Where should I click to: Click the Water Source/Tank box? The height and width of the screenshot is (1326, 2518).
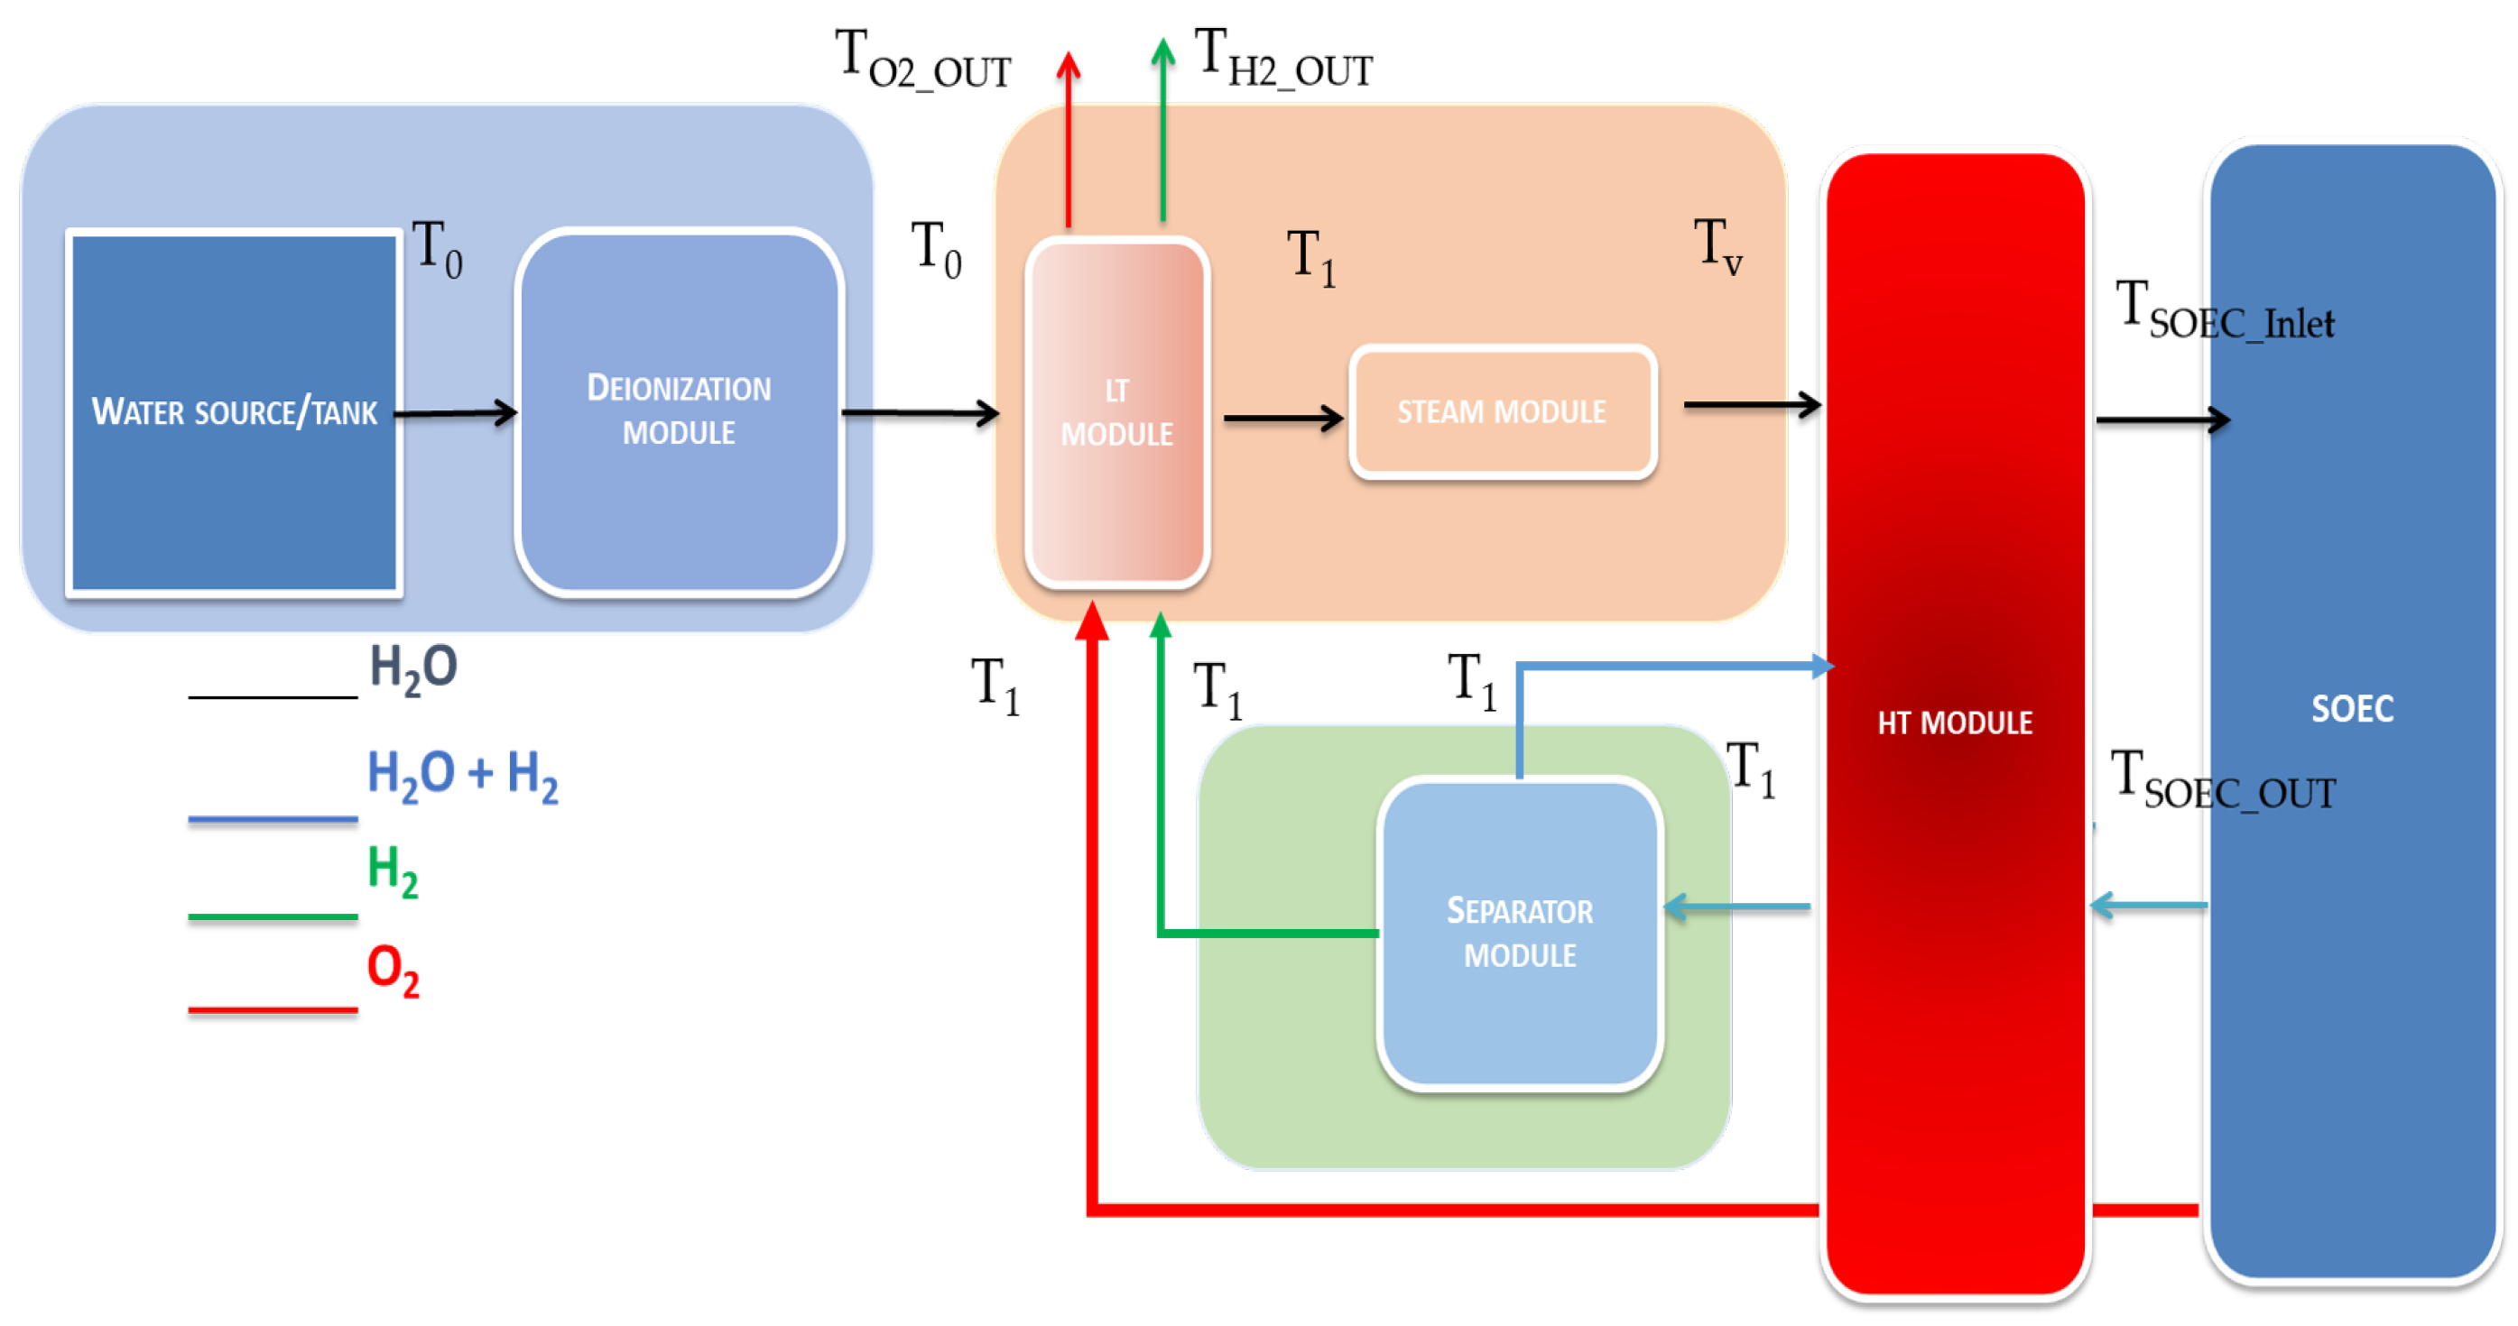[234, 411]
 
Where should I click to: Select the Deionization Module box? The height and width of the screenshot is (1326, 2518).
[679, 411]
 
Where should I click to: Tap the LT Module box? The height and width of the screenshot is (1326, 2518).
[1116, 411]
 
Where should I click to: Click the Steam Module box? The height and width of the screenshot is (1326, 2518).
[1502, 411]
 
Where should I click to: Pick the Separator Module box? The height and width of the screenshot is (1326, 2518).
[1519, 934]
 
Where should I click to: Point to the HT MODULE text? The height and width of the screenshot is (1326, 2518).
[1955, 723]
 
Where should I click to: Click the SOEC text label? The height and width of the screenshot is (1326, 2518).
[2352, 708]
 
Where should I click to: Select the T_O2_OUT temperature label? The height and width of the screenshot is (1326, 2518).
[921, 60]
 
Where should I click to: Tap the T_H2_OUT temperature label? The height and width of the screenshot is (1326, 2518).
[1282, 59]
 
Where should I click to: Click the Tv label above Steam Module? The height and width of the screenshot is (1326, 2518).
[1717, 246]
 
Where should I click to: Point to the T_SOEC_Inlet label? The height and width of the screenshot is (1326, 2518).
[2224, 310]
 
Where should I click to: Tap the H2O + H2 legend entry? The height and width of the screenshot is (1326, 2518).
[461, 775]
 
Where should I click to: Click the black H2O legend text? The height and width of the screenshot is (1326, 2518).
[412, 669]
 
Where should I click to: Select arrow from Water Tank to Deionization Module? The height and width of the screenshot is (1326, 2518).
[457, 413]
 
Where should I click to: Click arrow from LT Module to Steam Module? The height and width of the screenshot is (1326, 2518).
[1282, 419]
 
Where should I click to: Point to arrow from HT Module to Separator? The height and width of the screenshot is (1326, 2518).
[1737, 907]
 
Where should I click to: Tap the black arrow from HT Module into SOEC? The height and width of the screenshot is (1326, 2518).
[2162, 420]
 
